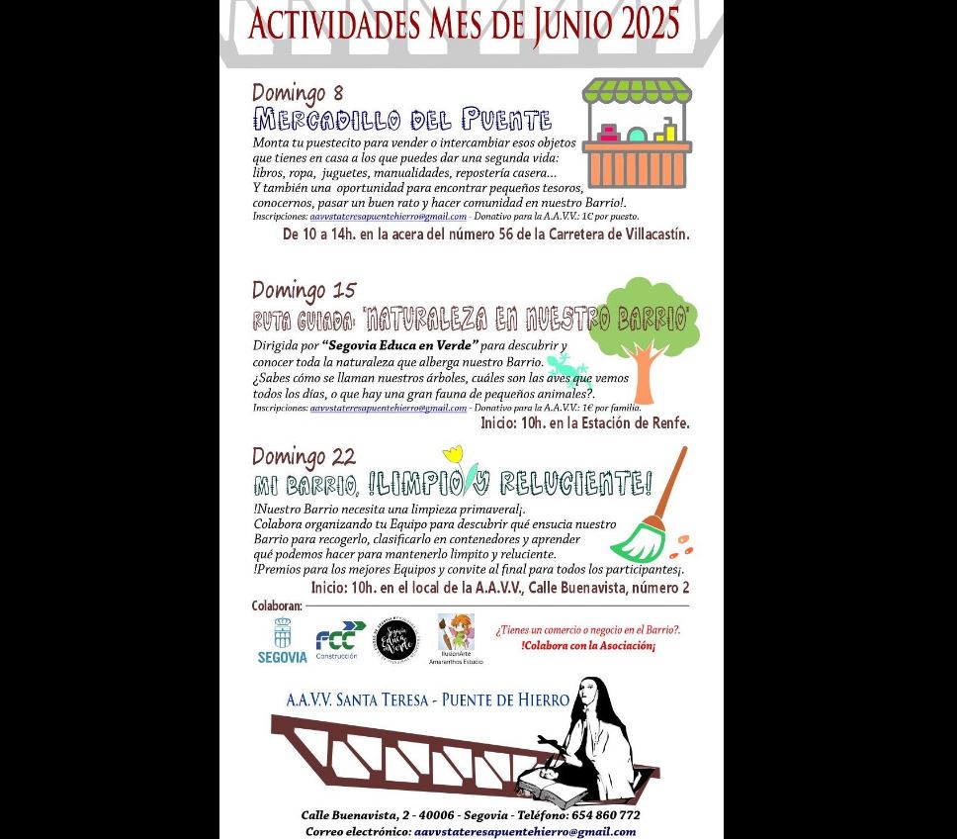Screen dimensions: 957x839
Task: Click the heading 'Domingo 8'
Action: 298,94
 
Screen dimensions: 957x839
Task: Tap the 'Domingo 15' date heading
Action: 304,291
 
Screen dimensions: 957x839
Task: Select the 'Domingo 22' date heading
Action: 304,457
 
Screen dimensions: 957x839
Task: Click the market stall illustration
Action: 637,134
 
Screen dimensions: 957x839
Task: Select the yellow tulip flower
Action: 454,457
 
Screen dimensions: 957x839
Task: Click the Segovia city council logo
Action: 283,641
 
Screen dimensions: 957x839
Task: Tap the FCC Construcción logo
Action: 339,641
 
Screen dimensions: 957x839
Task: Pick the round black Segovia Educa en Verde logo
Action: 395,639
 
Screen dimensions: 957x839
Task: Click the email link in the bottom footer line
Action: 524,831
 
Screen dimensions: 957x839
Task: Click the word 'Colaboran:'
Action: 277,606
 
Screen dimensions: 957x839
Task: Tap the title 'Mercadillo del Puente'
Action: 401,121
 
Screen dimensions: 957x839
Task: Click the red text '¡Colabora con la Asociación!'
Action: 588,646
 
